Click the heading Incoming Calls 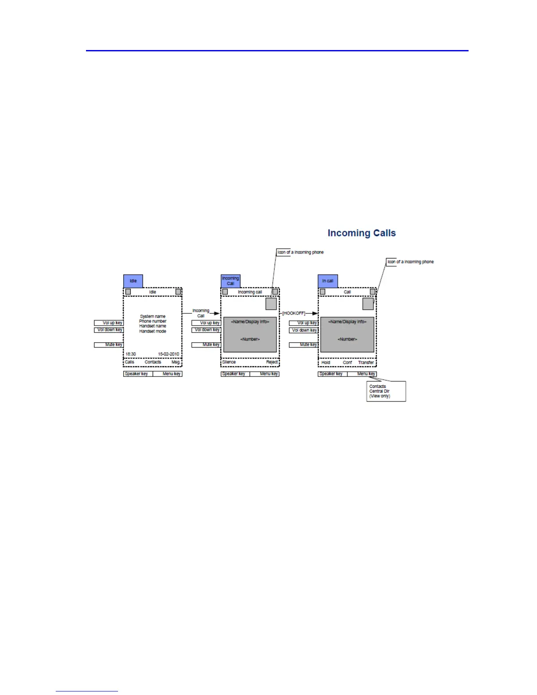[x=362, y=233]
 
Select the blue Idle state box [x=133, y=281]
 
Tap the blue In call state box [x=328, y=281]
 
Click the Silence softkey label [x=229, y=362]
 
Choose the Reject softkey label [x=272, y=362]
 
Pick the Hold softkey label [x=326, y=362]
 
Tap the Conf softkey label [x=347, y=362]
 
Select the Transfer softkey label [x=366, y=362]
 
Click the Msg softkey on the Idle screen [x=175, y=362]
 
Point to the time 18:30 [x=131, y=354]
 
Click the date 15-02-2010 [x=168, y=354]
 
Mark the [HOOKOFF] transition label [x=294, y=313]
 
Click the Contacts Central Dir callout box [x=386, y=391]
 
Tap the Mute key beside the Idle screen [x=109, y=345]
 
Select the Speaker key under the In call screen [x=332, y=374]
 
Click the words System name [x=153, y=316]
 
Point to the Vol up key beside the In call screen [x=303, y=323]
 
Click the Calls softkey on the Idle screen [x=129, y=362]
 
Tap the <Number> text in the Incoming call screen [x=250, y=339]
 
